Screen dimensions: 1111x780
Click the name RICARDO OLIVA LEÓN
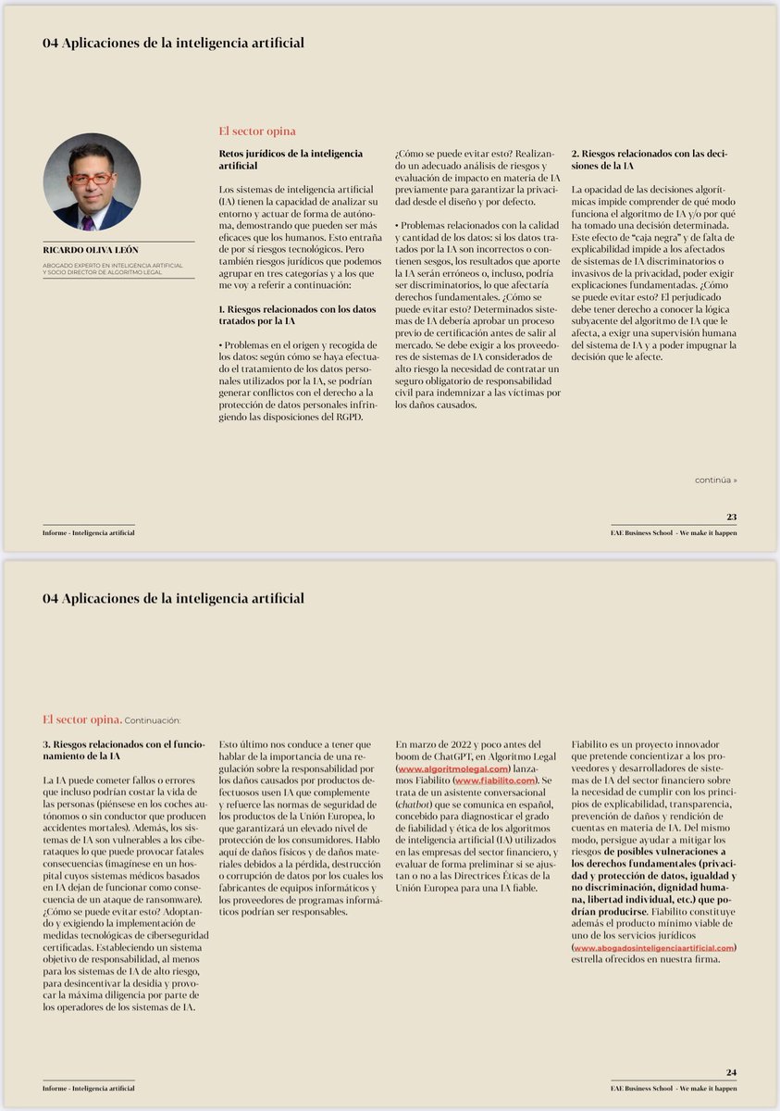pyautogui.click(x=88, y=250)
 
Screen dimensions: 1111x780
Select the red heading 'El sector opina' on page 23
pyautogui.click(x=256, y=131)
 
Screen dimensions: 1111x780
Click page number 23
pyautogui.click(x=731, y=517)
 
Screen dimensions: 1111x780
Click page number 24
pyautogui.click(x=731, y=1072)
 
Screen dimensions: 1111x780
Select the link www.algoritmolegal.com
pyautogui.click(x=453, y=769)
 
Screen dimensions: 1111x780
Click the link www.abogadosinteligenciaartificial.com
pyautogui.click(x=654, y=947)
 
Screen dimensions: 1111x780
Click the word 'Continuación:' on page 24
pyautogui.click(x=153, y=719)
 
